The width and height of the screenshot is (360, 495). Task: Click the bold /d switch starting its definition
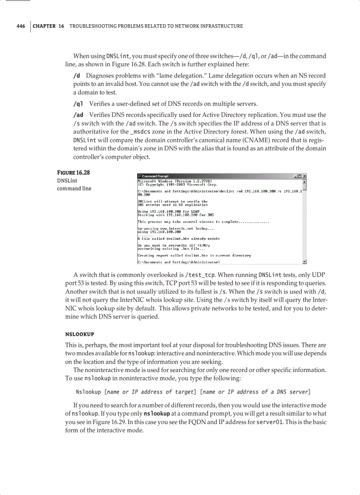point(76,76)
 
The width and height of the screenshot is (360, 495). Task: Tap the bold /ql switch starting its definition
point(78,104)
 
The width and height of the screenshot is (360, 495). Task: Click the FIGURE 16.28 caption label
point(74,172)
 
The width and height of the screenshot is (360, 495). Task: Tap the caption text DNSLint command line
point(74,184)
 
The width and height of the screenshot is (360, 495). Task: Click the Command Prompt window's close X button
point(304,176)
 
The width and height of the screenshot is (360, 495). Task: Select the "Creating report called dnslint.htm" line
point(195,255)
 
